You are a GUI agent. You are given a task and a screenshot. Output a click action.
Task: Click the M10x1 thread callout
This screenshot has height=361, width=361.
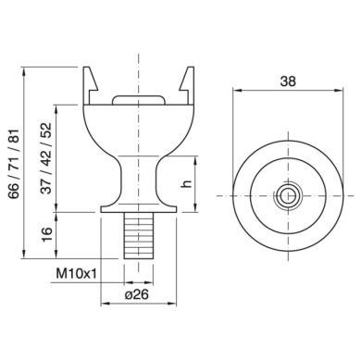point(76,273)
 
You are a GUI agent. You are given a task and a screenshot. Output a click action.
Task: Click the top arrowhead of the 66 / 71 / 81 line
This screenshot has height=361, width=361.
point(26,68)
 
